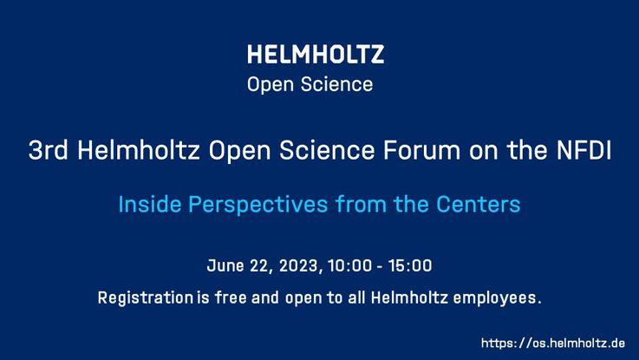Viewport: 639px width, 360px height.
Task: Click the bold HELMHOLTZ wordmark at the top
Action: pos(316,55)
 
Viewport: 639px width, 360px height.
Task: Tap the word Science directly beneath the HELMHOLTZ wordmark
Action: pos(336,84)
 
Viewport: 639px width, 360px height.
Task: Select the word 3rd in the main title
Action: pos(48,150)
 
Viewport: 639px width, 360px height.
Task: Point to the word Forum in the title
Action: pos(421,150)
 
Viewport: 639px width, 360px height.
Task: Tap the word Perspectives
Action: pos(258,205)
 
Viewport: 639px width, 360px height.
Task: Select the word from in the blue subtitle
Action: pos(361,204)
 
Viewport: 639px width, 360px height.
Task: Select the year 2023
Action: pos(299,265)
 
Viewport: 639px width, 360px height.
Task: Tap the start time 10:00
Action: pos(349,265)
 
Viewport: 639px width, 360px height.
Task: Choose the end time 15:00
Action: pos(410,265)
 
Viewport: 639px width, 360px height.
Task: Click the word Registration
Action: pos(146,298)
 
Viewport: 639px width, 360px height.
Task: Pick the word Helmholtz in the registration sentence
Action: pos(409,298)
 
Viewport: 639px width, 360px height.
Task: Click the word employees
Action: pos(494,298)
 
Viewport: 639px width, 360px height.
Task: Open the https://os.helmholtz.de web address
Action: pos(553,343)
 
